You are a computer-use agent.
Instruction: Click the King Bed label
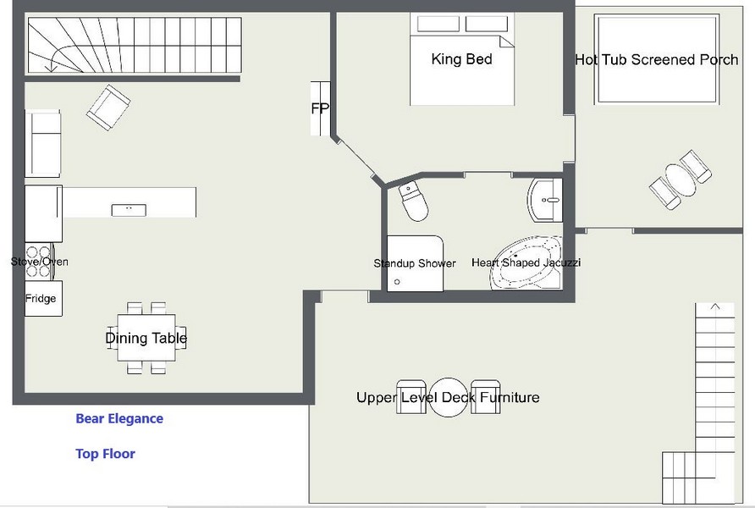(461, 59)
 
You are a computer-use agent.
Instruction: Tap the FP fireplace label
(320, 109)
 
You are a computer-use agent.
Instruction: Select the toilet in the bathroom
(413, 202)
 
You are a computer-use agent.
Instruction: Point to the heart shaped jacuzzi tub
(526, 263)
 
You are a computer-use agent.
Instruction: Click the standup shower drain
(397, 282)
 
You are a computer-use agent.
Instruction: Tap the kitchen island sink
(129, 210)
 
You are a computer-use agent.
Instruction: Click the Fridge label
(41, 299)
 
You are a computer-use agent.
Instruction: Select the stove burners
(39, 262)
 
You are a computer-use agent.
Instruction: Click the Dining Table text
(146, 338)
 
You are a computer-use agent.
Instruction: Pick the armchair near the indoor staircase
(108, 108)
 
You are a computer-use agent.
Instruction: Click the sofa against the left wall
(43, 143)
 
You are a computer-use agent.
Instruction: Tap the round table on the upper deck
(449, 397)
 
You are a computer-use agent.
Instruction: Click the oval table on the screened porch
(680, 180)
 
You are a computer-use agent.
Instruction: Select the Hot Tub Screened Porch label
(657, 60)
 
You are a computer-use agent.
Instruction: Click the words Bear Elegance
(119, 418)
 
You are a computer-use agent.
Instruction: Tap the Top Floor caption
(106, 454)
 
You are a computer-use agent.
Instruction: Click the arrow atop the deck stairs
(715, 306)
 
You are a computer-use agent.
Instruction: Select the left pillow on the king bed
(438, 24)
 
